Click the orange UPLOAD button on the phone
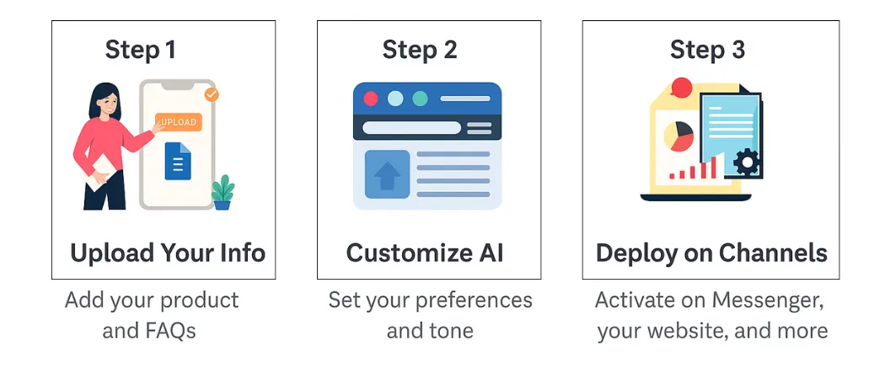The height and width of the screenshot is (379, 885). pos(178,122)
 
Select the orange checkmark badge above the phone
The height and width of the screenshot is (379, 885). pos(211,94)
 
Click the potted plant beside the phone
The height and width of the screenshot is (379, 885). pos(223,192)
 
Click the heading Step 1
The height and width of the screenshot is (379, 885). pos(141,50)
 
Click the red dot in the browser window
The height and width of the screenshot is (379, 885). pos(371,99)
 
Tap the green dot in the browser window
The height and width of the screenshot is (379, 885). pos(419,99)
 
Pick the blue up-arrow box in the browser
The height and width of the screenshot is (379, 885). pos(387,174)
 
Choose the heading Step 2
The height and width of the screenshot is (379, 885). pos(420,50)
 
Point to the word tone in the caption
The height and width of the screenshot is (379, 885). pos(449,330)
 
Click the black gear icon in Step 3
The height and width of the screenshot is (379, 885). pos(746,162)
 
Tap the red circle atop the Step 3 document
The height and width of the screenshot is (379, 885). pos(681,87)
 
